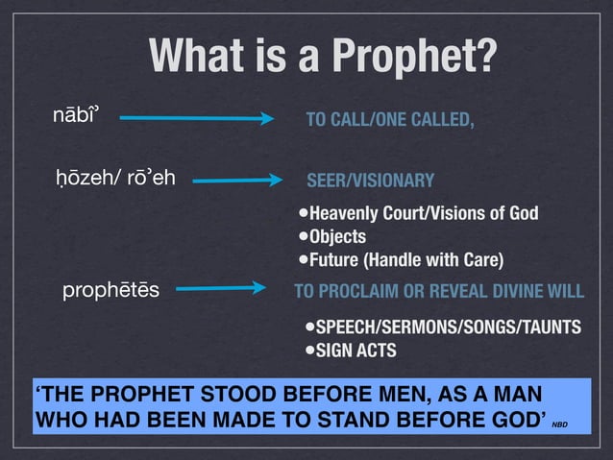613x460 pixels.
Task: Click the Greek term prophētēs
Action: coord(111,288)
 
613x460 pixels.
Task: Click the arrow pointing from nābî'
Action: coord(198,119)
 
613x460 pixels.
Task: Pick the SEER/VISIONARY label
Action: coord(370,181)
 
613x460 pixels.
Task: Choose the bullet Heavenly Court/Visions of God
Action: coord(422,212)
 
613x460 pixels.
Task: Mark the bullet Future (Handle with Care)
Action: coord(405,259)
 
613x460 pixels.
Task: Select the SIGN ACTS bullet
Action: coord(355,350)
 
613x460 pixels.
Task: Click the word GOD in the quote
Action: coord(519,419)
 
